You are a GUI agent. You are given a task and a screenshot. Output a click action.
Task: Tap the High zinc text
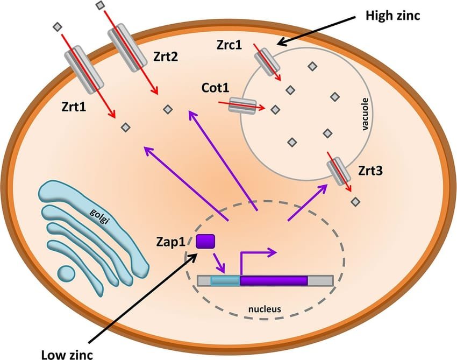point(392,15)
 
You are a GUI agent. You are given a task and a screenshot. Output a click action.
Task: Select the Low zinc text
point(67,354)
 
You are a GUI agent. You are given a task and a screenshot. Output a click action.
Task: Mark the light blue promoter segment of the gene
point(225,280)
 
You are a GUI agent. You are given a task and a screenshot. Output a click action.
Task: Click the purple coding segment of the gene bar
point(273,280)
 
